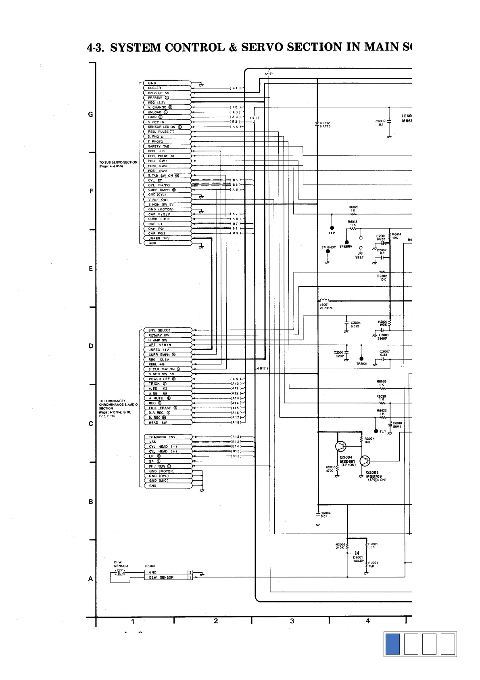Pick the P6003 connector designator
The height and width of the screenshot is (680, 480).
[150, 566]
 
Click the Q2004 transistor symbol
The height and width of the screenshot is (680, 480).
[341, 446]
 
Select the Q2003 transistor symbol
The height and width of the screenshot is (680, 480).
[365, 461]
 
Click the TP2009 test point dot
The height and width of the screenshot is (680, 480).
[361, 359]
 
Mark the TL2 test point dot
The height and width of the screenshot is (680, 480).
[332, 227]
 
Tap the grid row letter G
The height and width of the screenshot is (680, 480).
[91, 114]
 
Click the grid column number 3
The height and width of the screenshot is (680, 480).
[292, 621]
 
